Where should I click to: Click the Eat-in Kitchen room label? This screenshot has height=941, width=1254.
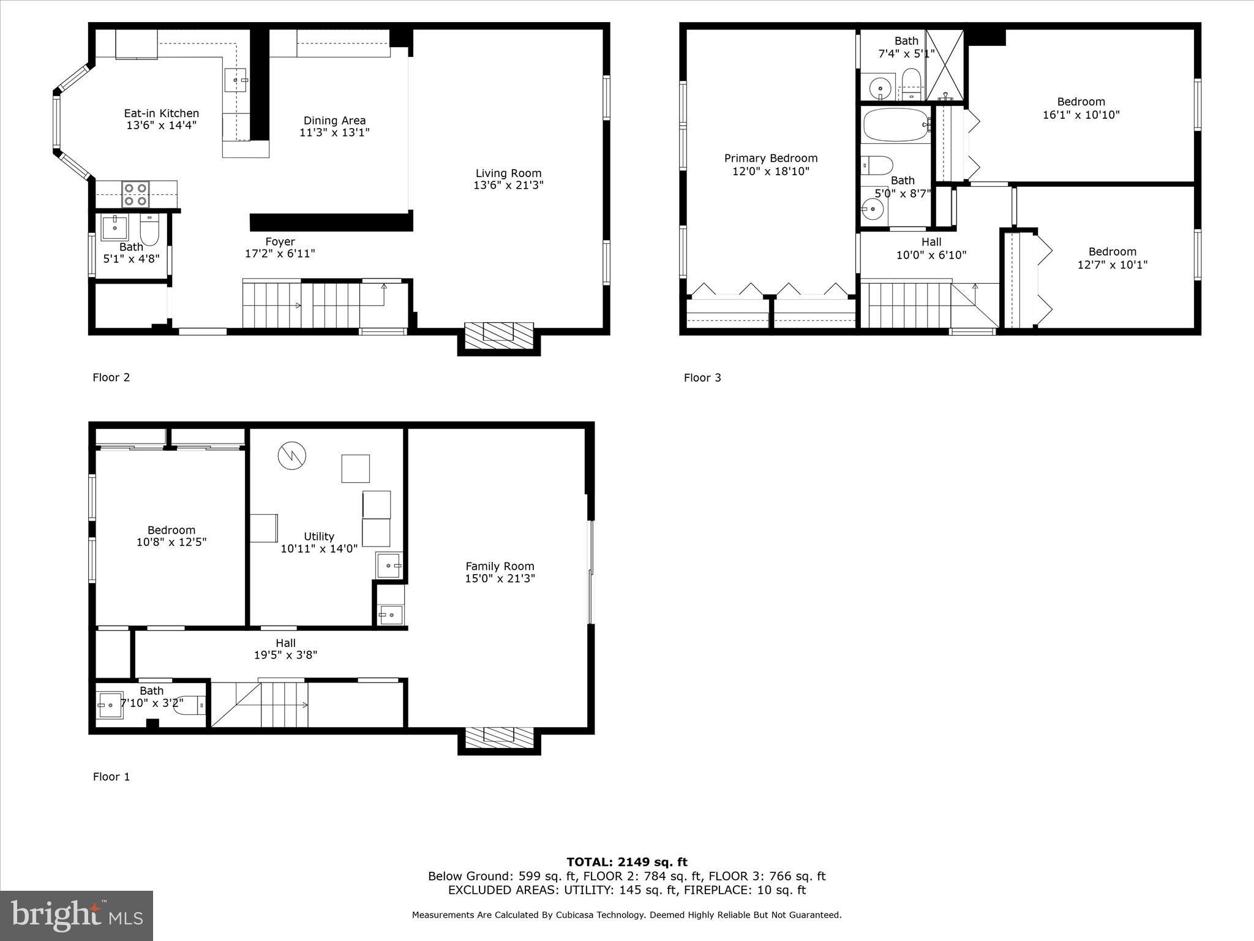click(x=161, y=113)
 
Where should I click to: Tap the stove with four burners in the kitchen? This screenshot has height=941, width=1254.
click(x=135, y=194)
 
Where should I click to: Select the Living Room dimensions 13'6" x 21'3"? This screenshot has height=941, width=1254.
click(x=508, y=185)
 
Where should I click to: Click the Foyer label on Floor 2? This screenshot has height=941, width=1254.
click(x=280, y=242)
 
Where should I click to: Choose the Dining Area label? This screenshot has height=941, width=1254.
click(x=334, y=121)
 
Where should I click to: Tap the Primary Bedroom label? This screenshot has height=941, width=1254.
click(x=770, y=159)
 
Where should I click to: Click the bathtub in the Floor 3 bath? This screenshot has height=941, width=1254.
click(x=895, y=126)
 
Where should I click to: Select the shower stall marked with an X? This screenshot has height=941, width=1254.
click(x=945, y=65)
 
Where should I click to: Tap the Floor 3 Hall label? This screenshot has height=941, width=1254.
click(x=931, y=242)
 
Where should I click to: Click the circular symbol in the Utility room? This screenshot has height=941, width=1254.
click(x=291, y=456)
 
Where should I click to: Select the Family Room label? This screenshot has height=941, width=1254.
click(x=500, y=567)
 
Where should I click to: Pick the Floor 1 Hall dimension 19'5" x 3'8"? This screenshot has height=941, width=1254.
click(x=285, y=655)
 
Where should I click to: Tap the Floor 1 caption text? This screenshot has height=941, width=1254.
click(x=111, y=777)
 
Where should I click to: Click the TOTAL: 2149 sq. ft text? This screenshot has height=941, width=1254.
click(x=626, y=862)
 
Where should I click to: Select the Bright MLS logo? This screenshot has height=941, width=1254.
click(x=77, y=915)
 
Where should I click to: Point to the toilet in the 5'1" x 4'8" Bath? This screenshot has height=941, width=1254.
click(x=149, y=229)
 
